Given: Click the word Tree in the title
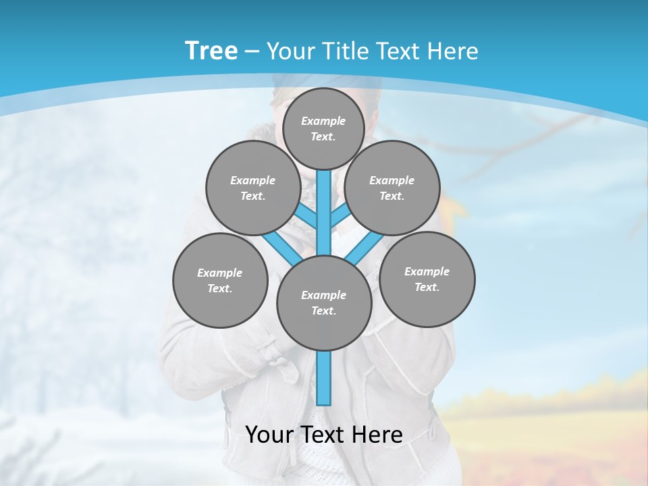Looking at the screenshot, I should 211,51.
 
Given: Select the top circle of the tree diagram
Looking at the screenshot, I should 323,128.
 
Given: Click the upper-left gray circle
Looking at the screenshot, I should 252,188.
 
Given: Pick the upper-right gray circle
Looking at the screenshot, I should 392,188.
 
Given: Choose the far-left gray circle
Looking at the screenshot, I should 220,280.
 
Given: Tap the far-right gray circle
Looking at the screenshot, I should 427,279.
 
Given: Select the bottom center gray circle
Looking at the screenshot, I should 324,303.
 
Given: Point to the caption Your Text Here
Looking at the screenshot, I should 324,434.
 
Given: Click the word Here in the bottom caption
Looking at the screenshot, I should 377,434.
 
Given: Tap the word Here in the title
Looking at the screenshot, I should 454,51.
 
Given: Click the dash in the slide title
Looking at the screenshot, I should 252,51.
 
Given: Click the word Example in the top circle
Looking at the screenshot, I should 323,121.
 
